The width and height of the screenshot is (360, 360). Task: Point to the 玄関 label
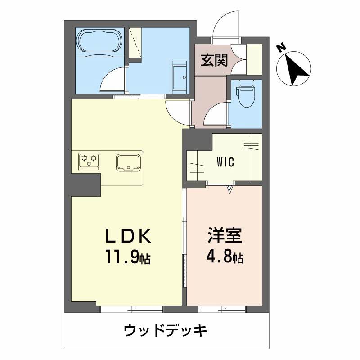tap(214, 60)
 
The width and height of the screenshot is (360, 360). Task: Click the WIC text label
tap(225, 162)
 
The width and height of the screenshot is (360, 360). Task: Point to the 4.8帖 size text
tap(225, 258)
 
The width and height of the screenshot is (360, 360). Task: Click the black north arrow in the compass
tap(297, 70)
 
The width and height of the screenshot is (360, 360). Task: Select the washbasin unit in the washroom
tap(180, 76)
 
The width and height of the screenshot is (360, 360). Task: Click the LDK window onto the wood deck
tap(131, 309)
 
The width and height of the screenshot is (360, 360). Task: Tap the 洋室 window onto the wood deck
tap(222, 309)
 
